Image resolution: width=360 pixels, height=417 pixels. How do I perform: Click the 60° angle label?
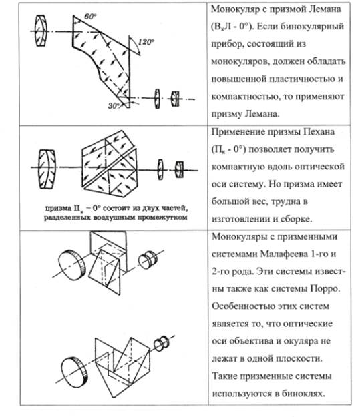click(x=90, y=17)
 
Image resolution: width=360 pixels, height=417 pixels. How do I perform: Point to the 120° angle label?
click(x=146, y=42)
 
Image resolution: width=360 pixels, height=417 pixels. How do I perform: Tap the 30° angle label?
click(x=114, y=106)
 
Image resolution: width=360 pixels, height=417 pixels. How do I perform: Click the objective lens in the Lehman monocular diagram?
click(x=41, y=31)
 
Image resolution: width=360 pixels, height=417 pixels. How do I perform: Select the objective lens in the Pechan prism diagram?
click(x=47, y=169)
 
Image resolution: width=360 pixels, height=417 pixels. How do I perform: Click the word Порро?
click(x=325, y=289)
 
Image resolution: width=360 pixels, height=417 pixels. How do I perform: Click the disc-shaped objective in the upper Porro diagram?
click(x=71, y=265)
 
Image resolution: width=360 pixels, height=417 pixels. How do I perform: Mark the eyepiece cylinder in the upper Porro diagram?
click(x=148, y=259)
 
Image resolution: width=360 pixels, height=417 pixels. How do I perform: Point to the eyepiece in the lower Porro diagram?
click(x=162, y=344)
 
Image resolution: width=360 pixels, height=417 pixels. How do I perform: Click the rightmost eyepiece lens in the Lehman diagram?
click(x=175, y=99)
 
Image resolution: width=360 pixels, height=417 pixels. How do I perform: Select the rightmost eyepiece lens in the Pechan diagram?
click(x=180, y=169)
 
